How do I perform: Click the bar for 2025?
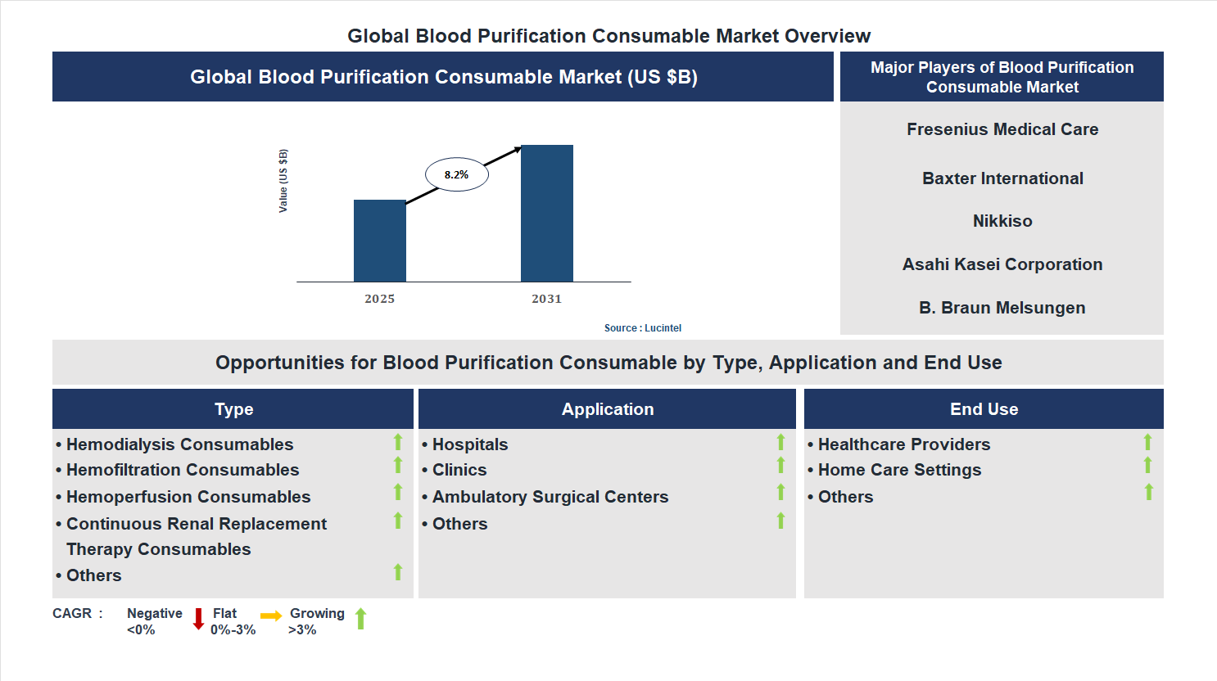point(379,241)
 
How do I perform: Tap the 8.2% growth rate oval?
point(456,174)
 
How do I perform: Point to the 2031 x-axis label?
point(546,299)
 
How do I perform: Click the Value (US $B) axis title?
point(283,181)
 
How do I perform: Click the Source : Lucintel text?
point(642,328)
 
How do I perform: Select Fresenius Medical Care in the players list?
point(1002,129)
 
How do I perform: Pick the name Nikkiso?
point(1002,221)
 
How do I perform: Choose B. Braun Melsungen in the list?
point(1002,308)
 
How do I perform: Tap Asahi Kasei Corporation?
point(1002,264)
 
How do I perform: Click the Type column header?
point(233,409)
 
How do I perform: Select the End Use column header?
point(984,409)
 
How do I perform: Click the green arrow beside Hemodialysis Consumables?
point(398,442)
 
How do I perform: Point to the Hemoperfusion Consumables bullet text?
point(188,497)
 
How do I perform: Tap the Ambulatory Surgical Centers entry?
point(550,497)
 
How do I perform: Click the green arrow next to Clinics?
point(780,466)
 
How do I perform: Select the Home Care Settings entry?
point(899,470)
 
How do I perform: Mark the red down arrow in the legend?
point(198,619)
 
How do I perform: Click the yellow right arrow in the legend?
point(270,616)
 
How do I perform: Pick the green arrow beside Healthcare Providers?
point(1147,442)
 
